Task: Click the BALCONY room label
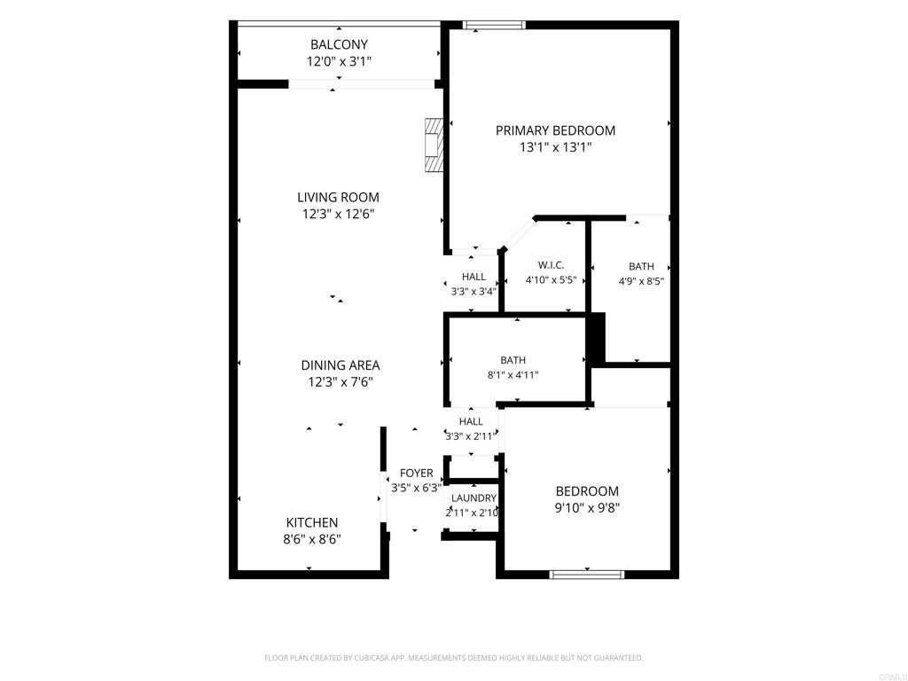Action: click(339, 44)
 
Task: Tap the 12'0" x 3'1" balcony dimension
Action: click(339, 61)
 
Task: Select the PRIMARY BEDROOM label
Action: click(555, 131)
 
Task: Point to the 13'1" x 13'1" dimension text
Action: click(555, 148)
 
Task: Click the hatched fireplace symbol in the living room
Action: click(434, 145)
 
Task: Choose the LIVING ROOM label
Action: click(338, 198)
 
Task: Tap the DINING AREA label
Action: click(340, 365)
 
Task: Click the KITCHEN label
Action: click(312, 522)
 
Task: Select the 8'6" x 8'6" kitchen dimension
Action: click(312, 540)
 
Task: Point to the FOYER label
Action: click(417, 474)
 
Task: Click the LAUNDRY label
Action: click(474, 498)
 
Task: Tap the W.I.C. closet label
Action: click(551, 265)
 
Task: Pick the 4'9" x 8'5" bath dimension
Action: click(641, 282)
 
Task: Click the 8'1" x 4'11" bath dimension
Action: click(513, 375)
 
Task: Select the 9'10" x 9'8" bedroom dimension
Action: click(587, 508)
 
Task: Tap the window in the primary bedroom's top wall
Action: click(494, 25)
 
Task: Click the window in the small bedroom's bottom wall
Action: click(587, 575)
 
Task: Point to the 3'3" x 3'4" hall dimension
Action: click(474, 292)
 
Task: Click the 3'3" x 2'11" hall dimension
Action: click(471, 436)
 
